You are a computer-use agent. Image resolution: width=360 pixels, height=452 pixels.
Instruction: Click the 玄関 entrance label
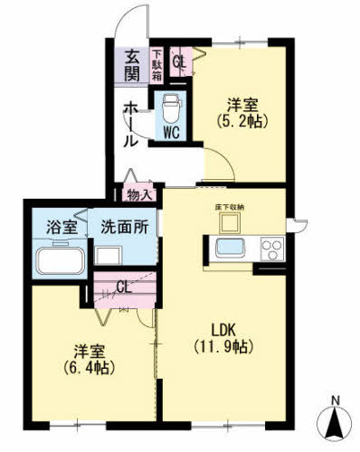(x=132, y=63)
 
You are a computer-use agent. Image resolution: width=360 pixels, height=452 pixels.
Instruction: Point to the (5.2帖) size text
(x=242, y=120)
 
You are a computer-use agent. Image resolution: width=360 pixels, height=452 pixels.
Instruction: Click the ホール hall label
(x=131, y=125)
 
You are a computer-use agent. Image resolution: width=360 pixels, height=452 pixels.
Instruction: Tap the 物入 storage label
(x=138, y=193)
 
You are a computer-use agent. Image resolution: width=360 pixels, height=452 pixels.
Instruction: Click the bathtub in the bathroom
(x=60, y=261)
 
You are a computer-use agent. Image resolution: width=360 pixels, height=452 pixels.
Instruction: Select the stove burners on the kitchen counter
(x=271, y=247)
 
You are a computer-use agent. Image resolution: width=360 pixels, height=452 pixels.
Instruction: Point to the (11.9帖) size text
(x=222, y=346)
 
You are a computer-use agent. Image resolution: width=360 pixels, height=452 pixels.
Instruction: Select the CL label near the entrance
(x=178, y=62)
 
